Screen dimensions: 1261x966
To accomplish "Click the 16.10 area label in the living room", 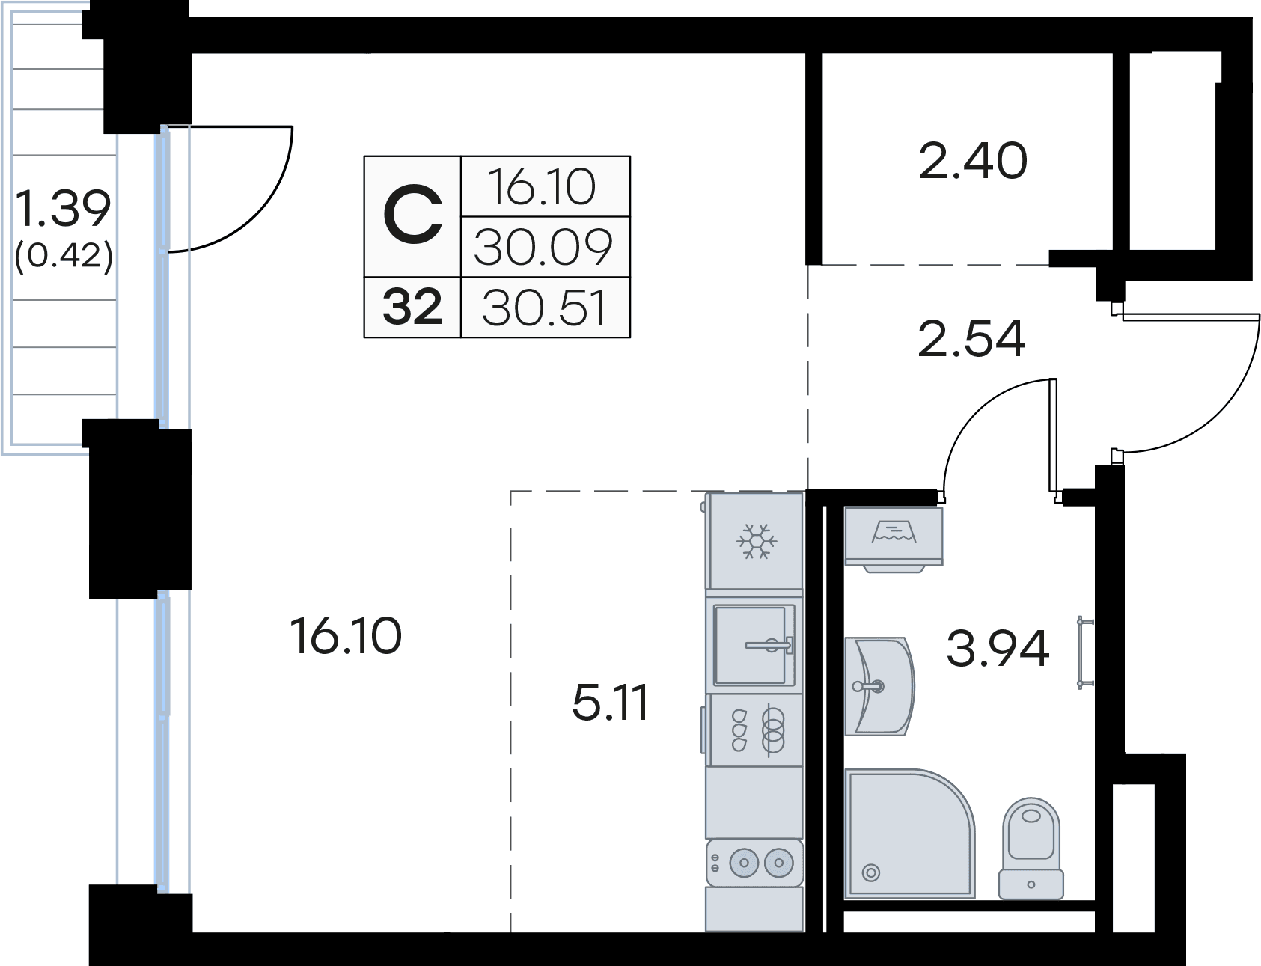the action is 346,637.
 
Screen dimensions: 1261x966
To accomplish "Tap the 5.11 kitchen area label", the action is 610,703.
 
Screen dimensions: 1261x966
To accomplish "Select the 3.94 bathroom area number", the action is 998,649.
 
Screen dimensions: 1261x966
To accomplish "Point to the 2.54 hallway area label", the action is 971,338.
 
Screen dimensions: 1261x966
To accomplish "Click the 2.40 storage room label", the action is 973,161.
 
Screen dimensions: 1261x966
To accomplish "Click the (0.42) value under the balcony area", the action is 64,257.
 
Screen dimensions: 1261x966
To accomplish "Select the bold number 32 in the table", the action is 412,308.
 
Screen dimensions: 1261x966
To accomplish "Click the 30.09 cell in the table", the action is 544,248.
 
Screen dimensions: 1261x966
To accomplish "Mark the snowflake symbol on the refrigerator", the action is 757,541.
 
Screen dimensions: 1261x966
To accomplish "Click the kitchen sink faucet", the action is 769,645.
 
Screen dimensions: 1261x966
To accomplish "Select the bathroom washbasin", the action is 879,685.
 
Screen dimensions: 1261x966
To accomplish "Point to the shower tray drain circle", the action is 870,872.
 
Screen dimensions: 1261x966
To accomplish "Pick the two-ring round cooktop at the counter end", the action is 755,863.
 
